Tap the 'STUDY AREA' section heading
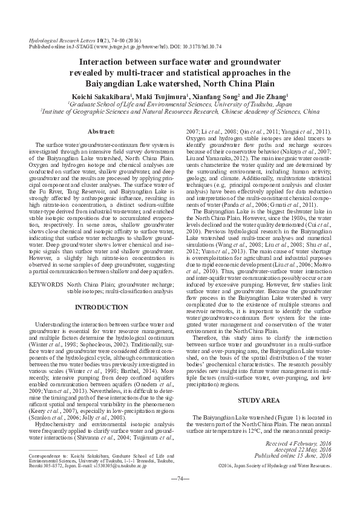pyautogui.click(x=259, y=384)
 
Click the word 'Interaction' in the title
pyautogui.click(x=108, y=62)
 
